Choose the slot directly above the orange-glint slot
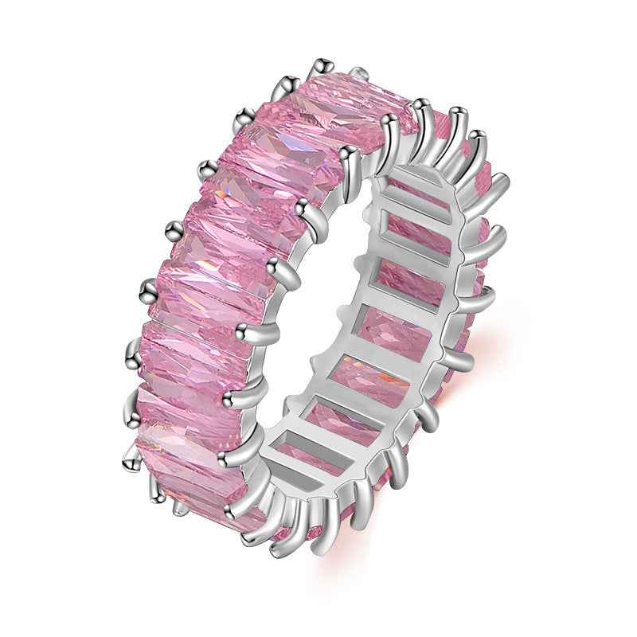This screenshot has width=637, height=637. pyautogui.click(x=390, y=327)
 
